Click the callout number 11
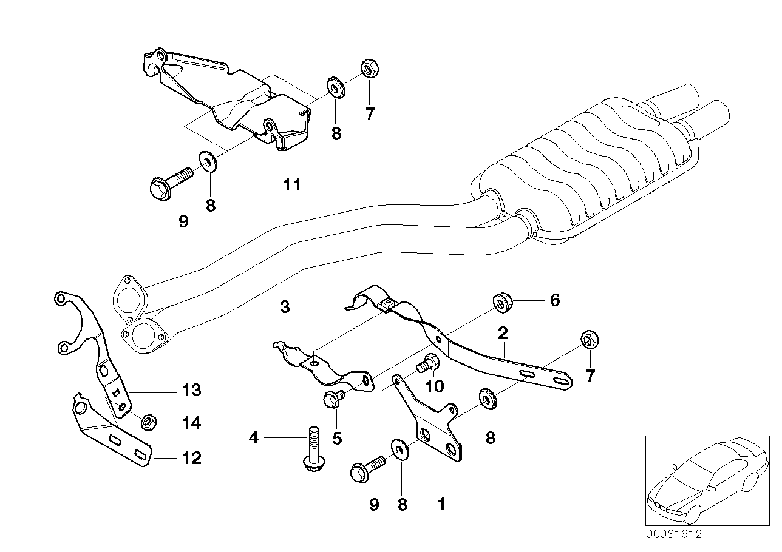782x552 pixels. [292, 184]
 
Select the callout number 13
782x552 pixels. [191, 390]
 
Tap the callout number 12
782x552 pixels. [191, 458]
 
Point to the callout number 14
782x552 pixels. [191, 423]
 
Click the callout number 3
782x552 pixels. [285, 307]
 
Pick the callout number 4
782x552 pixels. [254, 437]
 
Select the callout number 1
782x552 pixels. [441, 503]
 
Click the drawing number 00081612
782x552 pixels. [673, 534]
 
